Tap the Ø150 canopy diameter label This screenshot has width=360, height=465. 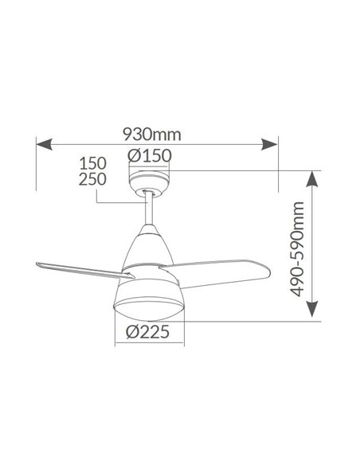click(x=150, y=156)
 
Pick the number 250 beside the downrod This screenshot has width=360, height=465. click(x=92, y=180)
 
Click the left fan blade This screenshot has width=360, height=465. click(x=76, y=265)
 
